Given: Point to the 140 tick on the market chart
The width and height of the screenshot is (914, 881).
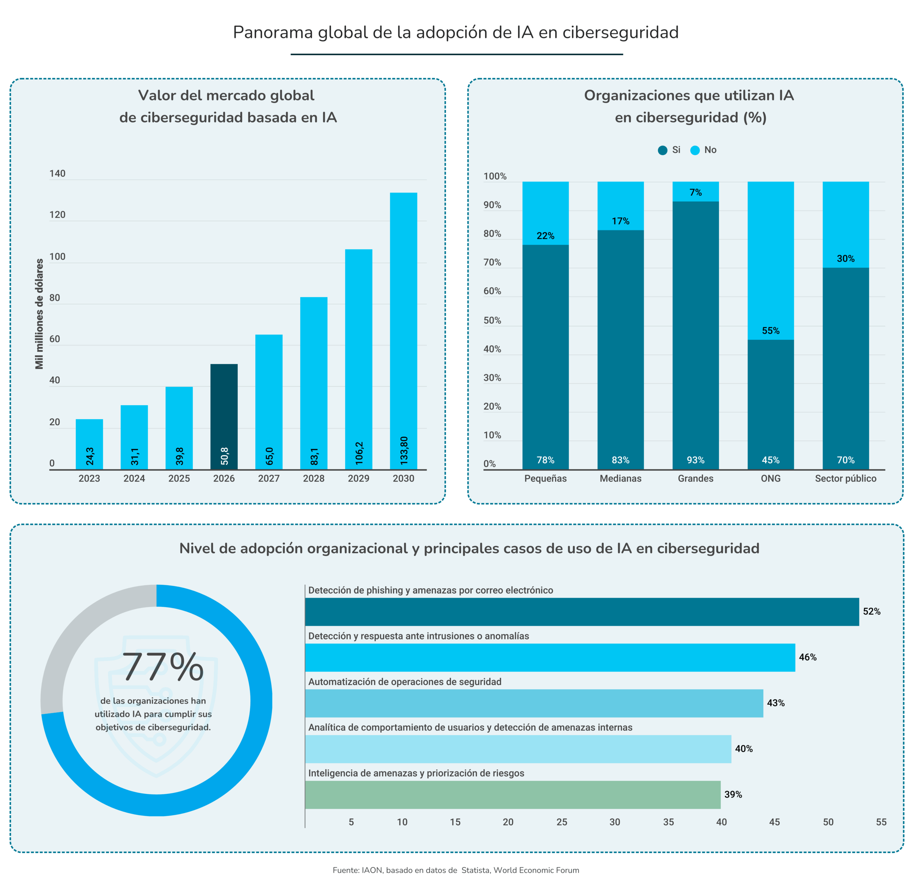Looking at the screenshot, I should [57, 173].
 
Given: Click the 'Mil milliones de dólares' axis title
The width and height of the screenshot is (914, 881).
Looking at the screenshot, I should [39, 314].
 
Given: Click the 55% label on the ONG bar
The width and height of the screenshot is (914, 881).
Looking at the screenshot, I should [770, 330].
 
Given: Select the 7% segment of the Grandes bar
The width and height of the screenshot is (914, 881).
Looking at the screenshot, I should [695, 192].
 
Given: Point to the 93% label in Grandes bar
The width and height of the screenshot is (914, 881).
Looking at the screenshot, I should [695, 460].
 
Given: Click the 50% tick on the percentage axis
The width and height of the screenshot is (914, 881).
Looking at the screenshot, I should [492, 320].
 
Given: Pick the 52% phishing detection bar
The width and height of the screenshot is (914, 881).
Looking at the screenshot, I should [582, 612].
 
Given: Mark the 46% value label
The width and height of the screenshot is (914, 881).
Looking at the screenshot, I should [807, 657].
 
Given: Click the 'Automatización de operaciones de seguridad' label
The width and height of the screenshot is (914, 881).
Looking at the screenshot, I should [405, 682].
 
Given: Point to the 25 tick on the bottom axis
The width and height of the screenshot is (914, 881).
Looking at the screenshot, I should [562, 822].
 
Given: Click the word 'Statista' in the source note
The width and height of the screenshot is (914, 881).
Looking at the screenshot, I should [475, 870].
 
